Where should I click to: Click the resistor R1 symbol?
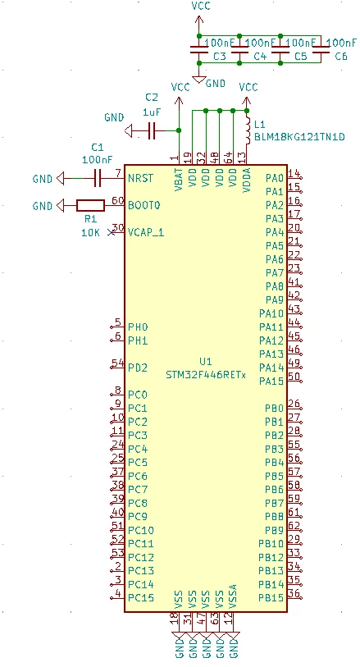pyautogui.click(x=90, y=206)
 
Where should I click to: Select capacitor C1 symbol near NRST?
pyautogui.click(x=98, y=178)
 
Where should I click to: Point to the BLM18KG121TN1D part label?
pyautogui.click(x=299, y=137)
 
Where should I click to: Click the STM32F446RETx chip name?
pyautogui.click(x=206, y=375)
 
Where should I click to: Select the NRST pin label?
pyautogui.click(x=140, y=178)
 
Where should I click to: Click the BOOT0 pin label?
pyautogui.click(x=144, y=205)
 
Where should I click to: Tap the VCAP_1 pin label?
pyautogui.click(x=146, y=233)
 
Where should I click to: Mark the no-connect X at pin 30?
pyautogui.click(x=112, y=233)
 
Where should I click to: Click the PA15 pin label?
pyautogui.click(x=271, y=381)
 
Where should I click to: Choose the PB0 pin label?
pyautogui.click(x=274, y=409)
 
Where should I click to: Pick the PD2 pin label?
pyautogui.click(x=138, y=368)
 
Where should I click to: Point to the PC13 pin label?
pyautogui.click(x=141, y=570)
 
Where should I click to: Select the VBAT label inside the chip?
pyautogui.click(x=178, y=179)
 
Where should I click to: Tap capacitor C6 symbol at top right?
pyautogui.click(x=321, y=49)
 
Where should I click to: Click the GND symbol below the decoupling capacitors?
pyautogui.click(x=198, y=79)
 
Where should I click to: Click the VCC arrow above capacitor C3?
pyautogui.click(x=198, y=25)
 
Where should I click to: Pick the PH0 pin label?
pyautogui.click(x=138, y=327)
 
